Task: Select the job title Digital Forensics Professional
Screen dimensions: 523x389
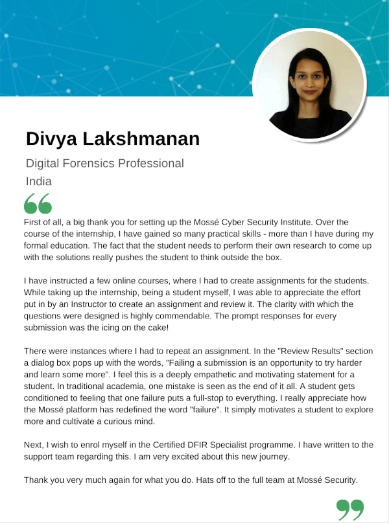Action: coord(105,163)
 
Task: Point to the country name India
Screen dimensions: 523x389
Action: coord(39,181)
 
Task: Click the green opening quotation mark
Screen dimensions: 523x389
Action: coord(38,203)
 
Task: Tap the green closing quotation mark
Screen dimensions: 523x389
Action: coord(350,509)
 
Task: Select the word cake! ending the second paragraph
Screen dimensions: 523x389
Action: coord(156,328)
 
